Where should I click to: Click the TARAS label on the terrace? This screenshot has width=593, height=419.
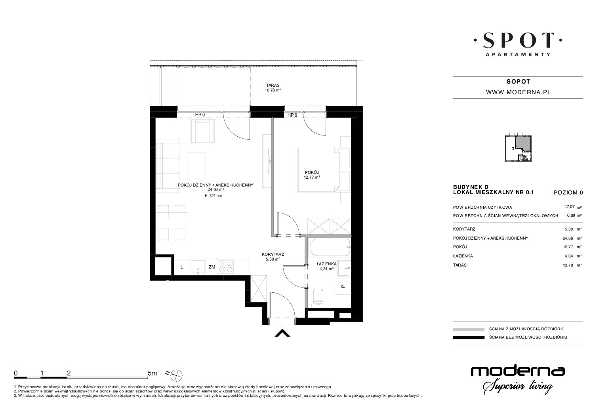pos(273,85)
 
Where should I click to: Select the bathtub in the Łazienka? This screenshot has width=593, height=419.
pos(330,248)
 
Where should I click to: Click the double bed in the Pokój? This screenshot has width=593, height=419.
pos(318,170)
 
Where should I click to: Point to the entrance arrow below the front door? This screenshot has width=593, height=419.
pos(282,333)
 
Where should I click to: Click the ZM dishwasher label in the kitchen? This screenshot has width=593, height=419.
pos(212,267)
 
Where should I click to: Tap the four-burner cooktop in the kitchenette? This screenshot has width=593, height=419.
pos(226,267)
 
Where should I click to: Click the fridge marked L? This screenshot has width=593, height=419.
pos(182,267)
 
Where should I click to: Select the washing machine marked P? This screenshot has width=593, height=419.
pos(343,286)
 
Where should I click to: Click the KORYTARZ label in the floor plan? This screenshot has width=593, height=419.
pos(273,254)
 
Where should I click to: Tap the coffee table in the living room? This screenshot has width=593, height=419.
pos(196,166)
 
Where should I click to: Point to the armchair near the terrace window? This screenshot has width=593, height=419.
pos(203,131)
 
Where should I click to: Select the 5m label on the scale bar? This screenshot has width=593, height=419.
pos(152,373)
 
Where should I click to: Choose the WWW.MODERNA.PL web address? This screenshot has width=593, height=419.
pos(519,92)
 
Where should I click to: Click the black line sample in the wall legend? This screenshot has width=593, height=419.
pos(469,337)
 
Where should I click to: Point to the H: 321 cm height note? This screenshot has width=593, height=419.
pos(213,196)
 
